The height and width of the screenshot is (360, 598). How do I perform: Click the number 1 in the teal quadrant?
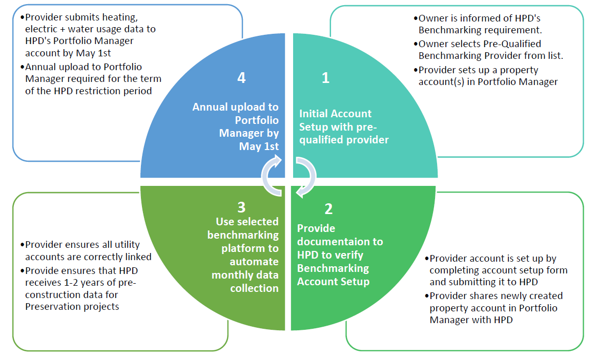325,78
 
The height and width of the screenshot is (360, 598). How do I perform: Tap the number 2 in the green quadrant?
328,208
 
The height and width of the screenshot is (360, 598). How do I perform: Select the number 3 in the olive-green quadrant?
241,207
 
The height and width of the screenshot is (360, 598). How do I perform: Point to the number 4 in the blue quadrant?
241,77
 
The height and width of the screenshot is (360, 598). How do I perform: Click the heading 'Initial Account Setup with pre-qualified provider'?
343,126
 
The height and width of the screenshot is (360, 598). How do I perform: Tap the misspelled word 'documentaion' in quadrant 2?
340,241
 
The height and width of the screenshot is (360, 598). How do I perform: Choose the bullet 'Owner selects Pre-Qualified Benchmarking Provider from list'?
490,50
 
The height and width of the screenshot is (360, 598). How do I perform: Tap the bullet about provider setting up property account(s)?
487,76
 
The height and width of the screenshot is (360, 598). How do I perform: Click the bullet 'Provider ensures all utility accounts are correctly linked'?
87,251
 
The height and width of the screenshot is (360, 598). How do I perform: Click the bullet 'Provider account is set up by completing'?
497,270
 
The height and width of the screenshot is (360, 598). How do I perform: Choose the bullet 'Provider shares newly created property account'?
495,308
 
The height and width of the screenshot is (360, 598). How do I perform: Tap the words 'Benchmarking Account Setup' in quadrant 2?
333,274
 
